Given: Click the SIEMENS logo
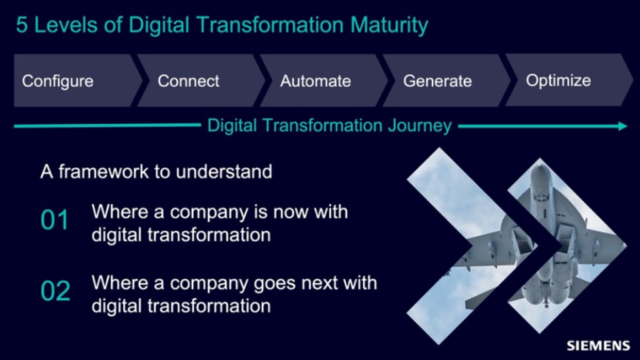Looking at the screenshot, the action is pyautogui.click(x=598, y=346).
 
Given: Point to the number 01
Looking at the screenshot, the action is pyautogui.click(x=55, y=220).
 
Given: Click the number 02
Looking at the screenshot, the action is pyautogui.click(x=55, y=291).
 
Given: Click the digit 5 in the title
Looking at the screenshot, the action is pyautogui.click(x=22, y=25).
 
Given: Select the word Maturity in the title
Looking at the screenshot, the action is pyautogui.click(x=389, y=25).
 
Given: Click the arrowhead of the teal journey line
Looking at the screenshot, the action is pyautogui.click(x=623, y=126).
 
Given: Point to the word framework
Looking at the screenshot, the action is pyautogui.click(x=104, y=171).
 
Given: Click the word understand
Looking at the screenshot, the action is pyautogui.click(x=224, y=171).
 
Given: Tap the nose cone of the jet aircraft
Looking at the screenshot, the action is pyautogui.click(x=540, y=167).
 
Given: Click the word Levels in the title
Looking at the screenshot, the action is pyautogui.click(x=66, y=25).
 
